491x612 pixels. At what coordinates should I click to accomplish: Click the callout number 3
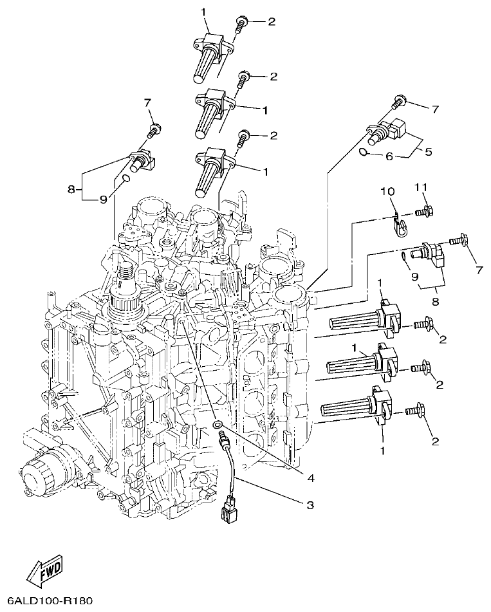pos(310,505)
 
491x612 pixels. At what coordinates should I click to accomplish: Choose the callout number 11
pos(420,187)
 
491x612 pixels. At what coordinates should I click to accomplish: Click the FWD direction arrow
pos(45,570)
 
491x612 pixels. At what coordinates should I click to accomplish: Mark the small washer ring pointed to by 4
pos(219,425)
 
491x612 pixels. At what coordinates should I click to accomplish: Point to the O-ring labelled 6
pos(364,153)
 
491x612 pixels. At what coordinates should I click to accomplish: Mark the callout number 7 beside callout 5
pos(436,109)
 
